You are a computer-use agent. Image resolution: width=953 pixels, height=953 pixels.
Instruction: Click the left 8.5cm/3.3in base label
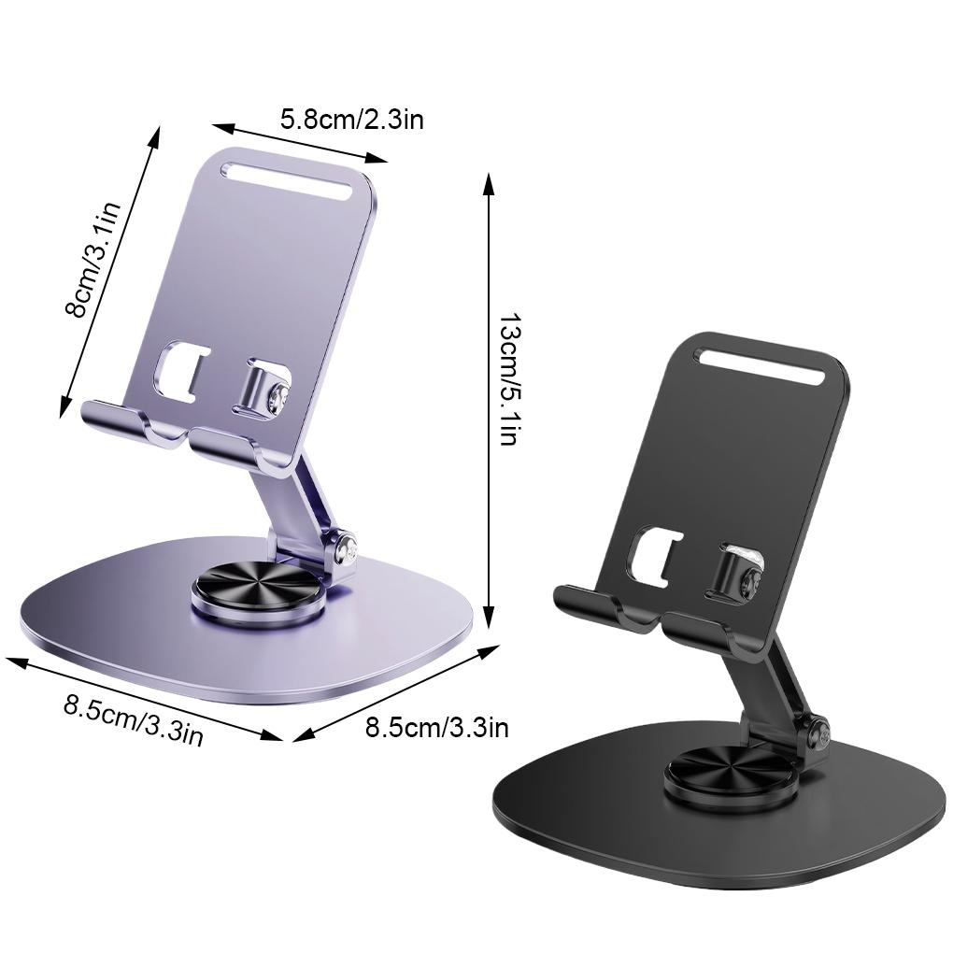click(134, 719)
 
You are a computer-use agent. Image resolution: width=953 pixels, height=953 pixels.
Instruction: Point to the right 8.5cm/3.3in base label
click(436, 727)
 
